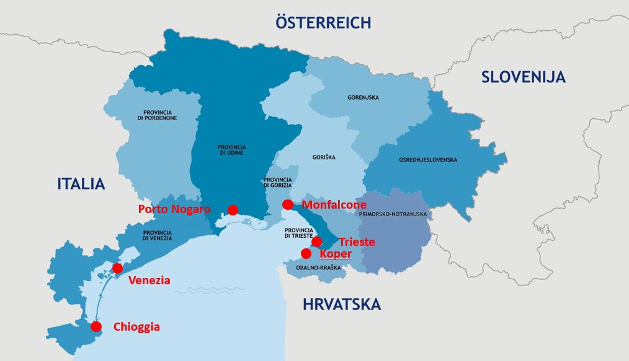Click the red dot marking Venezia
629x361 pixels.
tap(117, 268)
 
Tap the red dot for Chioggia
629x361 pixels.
tap(96, 326)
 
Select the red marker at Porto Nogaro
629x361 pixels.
tap(233, 210)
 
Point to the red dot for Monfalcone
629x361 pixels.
tap(287, 204)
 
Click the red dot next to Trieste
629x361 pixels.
tap(316, 241)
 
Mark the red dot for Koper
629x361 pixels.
tap(306, 253)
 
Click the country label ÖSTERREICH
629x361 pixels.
tap(323, 23)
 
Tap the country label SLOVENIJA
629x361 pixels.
tap(524, 77)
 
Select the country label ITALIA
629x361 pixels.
tap(81, 184)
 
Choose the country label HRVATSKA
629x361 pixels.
tap(342, 304)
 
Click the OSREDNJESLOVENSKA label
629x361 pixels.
tap(428, 160)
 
